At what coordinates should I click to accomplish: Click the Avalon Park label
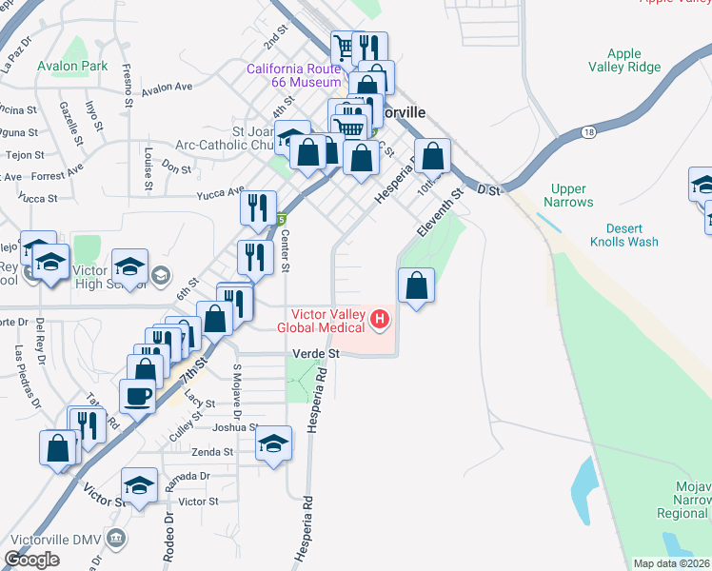[x=73, y=67]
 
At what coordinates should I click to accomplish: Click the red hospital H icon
[x=380, y=319]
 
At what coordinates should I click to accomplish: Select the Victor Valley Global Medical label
[x=322, y=321]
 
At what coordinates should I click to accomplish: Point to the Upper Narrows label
[x=569, y=196]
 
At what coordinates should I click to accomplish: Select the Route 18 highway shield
[x=590, y=133]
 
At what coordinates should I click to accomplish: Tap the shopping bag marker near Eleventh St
[x=416, y=285]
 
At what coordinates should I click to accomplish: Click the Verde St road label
[x=314, y=353]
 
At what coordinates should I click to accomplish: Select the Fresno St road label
[x=128, y=81]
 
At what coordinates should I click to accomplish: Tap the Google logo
[x=31, y=560]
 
